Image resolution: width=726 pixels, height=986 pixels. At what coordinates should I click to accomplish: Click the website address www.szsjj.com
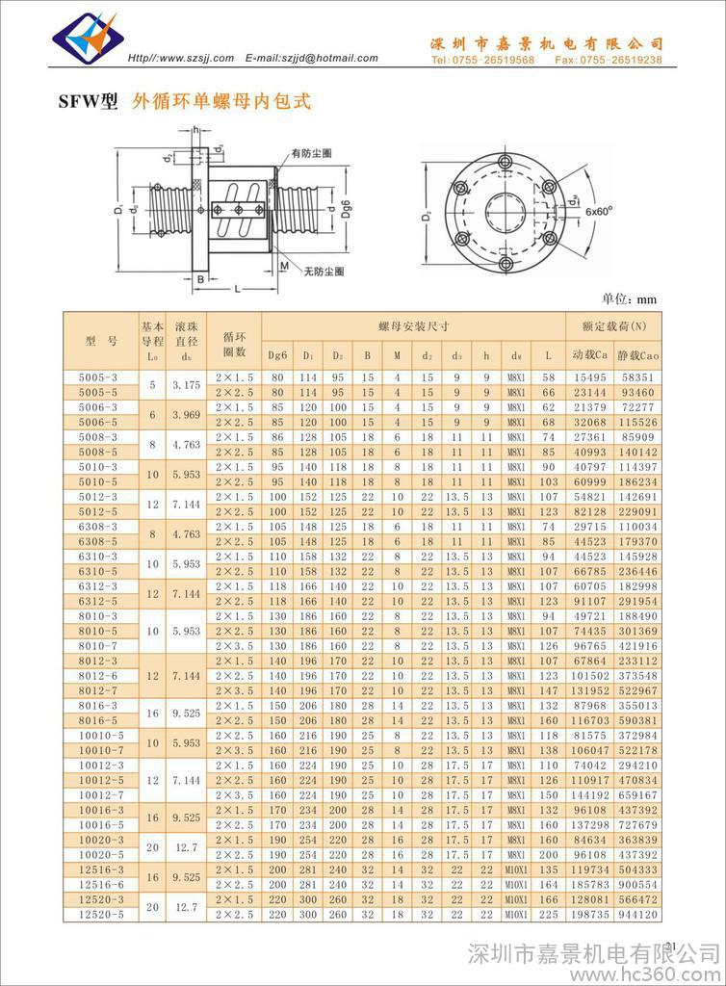[x=195, y=58]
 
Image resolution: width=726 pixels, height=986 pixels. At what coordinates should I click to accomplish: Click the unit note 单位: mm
[x=629, y=298]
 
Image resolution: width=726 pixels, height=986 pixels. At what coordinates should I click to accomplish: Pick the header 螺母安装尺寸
[x=413, y=327]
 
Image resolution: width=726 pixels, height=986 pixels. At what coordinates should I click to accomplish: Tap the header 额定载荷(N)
[x=614, y=327]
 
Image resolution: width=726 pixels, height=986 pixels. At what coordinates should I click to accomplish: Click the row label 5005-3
[x=98, y=378]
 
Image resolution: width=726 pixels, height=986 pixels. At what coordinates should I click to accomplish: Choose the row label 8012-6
[x=98, y=675]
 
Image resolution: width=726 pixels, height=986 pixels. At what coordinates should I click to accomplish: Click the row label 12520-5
[x=98, y=913]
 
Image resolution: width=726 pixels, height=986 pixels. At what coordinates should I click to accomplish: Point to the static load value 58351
[x=637, y=378]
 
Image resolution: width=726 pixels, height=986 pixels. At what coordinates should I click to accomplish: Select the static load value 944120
[x=637, y=913]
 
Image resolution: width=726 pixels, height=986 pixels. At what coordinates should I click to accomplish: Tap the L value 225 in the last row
[x=548, y=913]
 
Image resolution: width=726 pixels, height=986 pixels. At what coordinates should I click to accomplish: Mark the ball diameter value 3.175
[x=186, y=385]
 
